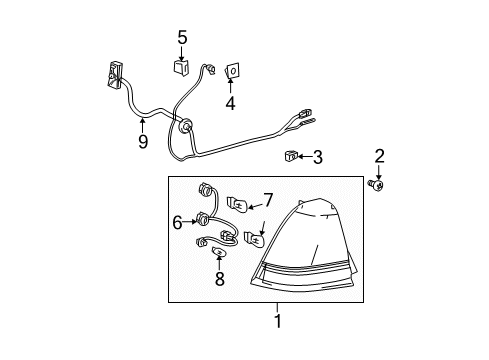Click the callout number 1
click(x=278, y=321)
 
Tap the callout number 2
click(x=379, y=156)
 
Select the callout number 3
click(x=318, y=157)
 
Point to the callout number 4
click(x=230, y=103)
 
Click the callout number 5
click(x=182, y=37)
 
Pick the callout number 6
click(x=178, y=222)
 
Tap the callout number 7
click(x=268, y=200)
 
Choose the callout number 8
click(x=220, y=279)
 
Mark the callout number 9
click(x=143, y=142)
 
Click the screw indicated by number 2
click(x=376, y=185)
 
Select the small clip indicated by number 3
click(x=291, y=155)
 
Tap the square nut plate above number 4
click(x=232, y=71)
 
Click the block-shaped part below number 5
click(x=181, y=66)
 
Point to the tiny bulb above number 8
click(x=219, y=252)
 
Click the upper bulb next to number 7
click(x=237, y=204)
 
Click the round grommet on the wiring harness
click(x=184, y=125)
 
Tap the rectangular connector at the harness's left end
click(x=114, y=75)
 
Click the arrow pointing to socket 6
click(x=190, y=222)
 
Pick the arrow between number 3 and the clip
click(x=304, y=156)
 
